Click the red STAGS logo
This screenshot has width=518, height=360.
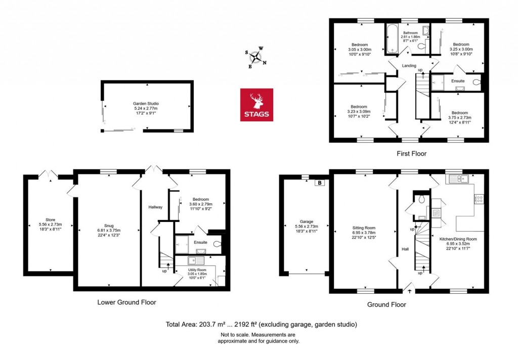pos(256,105)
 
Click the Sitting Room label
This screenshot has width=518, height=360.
pos(363,231)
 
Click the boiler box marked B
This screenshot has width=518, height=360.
pos(319,183)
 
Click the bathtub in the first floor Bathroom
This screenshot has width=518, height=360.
pos(393,39)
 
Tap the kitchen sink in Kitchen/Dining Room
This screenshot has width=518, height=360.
pos(460,178)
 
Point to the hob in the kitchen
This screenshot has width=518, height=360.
pos(479,198)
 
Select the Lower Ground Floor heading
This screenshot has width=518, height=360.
pos(126,302)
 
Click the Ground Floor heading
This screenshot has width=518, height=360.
pos(386,304)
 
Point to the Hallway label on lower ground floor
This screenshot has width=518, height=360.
pos(155,207)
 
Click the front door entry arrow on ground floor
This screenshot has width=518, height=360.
pos(409,290)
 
